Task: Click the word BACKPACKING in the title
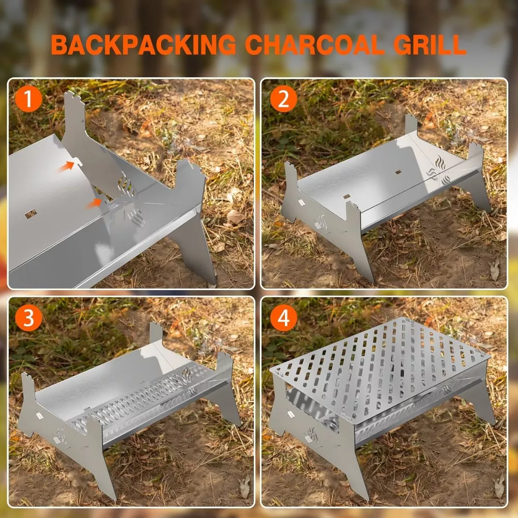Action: click(x=143, y=45)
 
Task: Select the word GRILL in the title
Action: click(x=429, y=45)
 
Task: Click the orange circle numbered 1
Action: click(x=28, y=99)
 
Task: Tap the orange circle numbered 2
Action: click(x=283, y=99)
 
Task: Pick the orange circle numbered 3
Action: click(x=28, y=318)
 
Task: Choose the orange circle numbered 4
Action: click(x=283, y=318)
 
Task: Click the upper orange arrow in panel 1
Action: click(x=66, y=166)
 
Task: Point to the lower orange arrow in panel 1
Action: click(x=94, y=203)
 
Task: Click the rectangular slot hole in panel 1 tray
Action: click(x=31, y=214)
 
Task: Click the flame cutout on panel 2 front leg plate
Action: click(x=321, y=222)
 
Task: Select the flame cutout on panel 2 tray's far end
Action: click(x=440, y=162)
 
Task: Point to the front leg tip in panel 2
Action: click(x=371, y=280)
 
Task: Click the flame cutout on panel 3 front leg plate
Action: click(x=60, y=436)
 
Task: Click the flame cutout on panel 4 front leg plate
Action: click(x=311, y=435)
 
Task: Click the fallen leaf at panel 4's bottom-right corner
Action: click(x=499, y=486)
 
